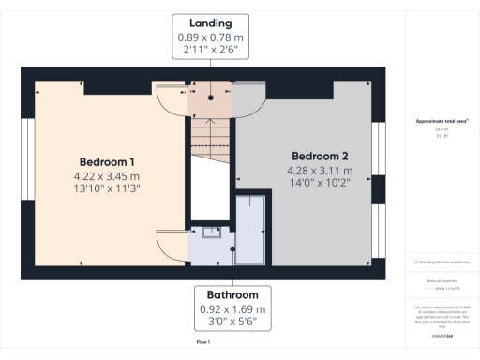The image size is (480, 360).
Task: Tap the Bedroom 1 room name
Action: [106, 159]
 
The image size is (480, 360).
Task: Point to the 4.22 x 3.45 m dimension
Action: [106, 175]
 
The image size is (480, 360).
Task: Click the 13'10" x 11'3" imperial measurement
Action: [106, 187]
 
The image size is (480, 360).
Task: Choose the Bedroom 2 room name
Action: [320, 156]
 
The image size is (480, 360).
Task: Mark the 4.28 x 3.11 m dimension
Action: [320, 171]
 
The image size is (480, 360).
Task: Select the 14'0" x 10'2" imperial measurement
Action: [320, 184]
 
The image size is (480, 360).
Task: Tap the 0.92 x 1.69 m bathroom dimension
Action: [232, 309]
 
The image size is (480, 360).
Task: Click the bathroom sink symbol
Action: [208, 234]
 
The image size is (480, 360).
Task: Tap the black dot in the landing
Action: [211, 97]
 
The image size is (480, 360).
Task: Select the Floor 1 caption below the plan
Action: [202, 344]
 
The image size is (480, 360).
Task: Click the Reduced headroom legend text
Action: [441, 280]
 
